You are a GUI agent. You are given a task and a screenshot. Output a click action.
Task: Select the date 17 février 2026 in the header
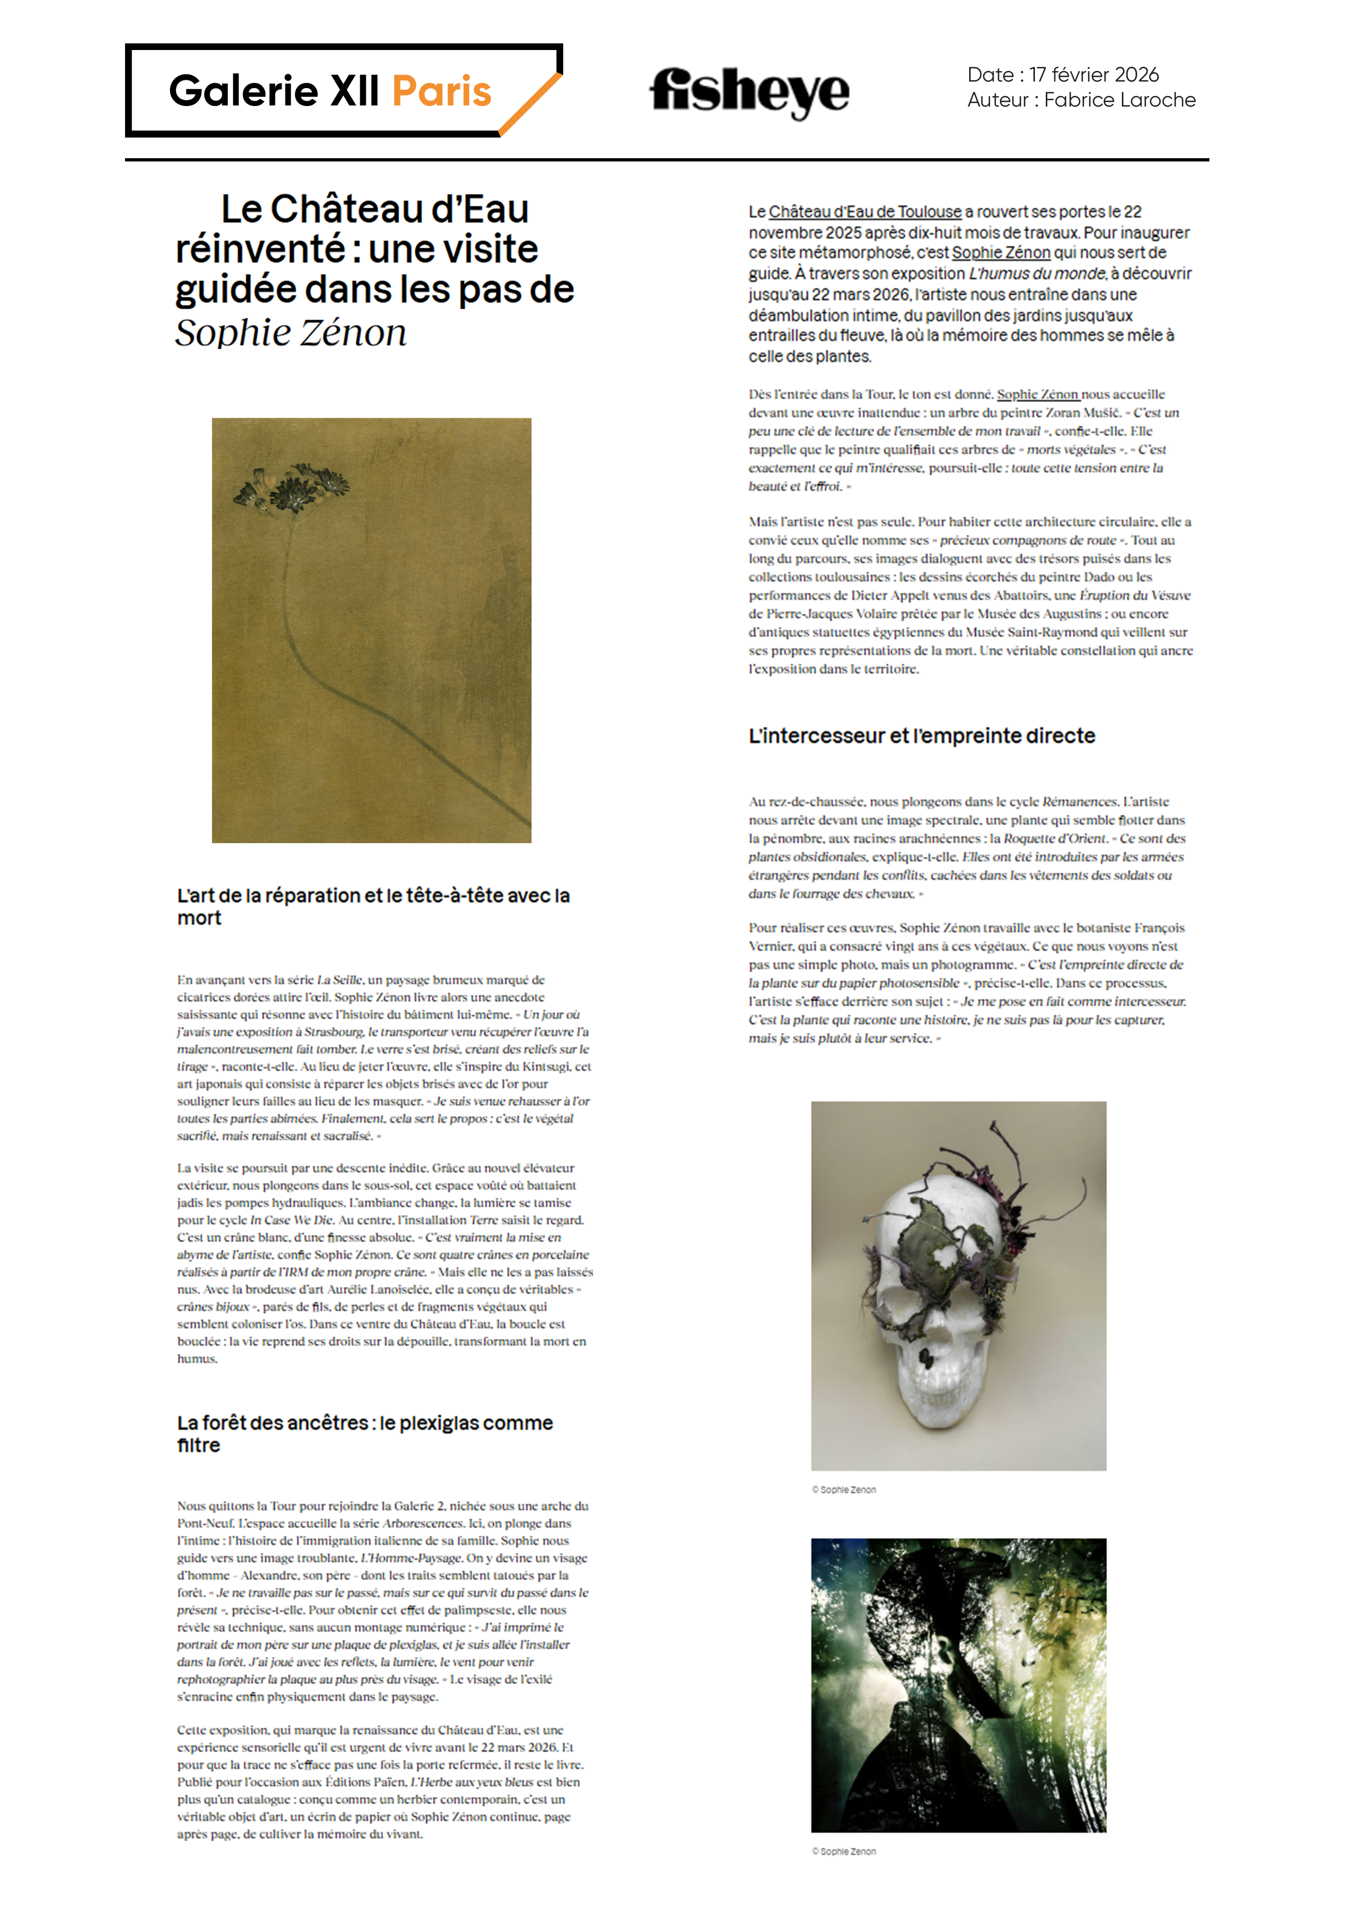coord(1093,75)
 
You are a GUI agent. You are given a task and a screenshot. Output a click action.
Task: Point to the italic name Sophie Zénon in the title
coord(291,333)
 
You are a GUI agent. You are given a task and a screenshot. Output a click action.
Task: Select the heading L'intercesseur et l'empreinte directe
coord(921,736)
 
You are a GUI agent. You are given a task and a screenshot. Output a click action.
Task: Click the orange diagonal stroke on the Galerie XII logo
coord(532,104)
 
